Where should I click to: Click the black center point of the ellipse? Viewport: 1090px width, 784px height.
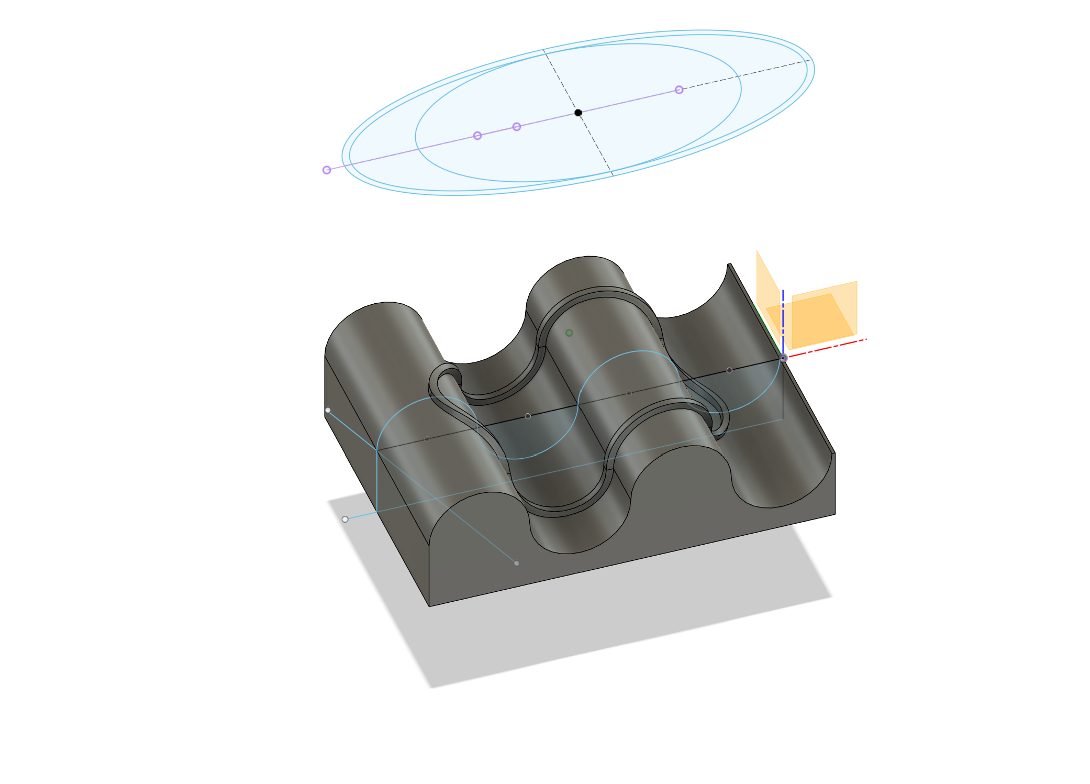pos(578,113)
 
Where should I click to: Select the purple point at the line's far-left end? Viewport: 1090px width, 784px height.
pos(327,170)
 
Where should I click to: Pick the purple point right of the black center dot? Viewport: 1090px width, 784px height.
pos(679,90)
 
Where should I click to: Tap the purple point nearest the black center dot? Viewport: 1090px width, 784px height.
pos(517,127)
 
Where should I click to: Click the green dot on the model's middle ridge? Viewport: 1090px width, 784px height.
pos(569,333)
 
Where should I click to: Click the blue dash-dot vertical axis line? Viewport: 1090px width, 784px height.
pos(783,314)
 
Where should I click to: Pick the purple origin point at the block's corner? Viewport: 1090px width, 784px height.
pos(783,358)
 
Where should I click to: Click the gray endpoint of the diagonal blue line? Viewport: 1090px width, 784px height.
pos(517,564)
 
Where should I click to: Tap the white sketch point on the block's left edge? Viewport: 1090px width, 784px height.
pos(328,410)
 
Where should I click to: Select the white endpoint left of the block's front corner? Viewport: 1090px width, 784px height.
pos(345,520)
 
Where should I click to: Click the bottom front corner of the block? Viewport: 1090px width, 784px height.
pos(429,606)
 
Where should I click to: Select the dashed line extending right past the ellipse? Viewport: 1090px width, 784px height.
pos(749,74)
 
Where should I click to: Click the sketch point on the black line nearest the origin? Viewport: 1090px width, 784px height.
pos(729,370)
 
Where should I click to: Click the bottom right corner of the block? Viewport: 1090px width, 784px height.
pos(835,514)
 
